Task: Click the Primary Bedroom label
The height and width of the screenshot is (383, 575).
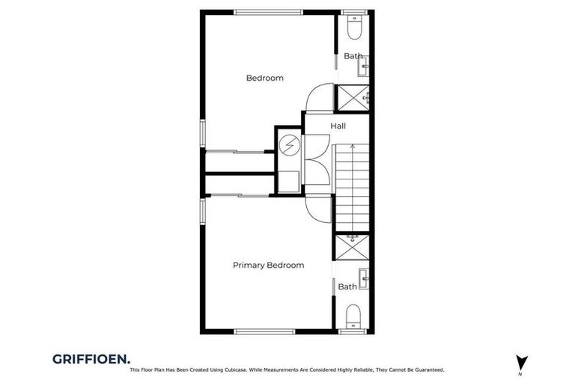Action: (268, 265)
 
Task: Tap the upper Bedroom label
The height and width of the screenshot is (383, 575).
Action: (265, 78)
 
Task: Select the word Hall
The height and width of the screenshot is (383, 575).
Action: (338, 126)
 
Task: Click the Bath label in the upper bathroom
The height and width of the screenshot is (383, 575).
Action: (353, 56)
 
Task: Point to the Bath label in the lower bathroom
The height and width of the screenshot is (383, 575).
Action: (347, 287)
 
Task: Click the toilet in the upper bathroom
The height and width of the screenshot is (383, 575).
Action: (354, 28)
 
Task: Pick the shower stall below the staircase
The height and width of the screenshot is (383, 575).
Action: (351, 247)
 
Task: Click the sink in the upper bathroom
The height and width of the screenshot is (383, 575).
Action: (364, 70)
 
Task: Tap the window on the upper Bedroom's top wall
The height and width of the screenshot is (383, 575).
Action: (267, 12)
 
